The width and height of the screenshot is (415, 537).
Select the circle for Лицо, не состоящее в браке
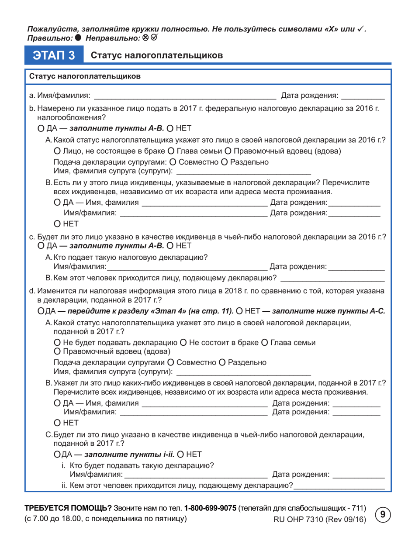click(x=56, y=151)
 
